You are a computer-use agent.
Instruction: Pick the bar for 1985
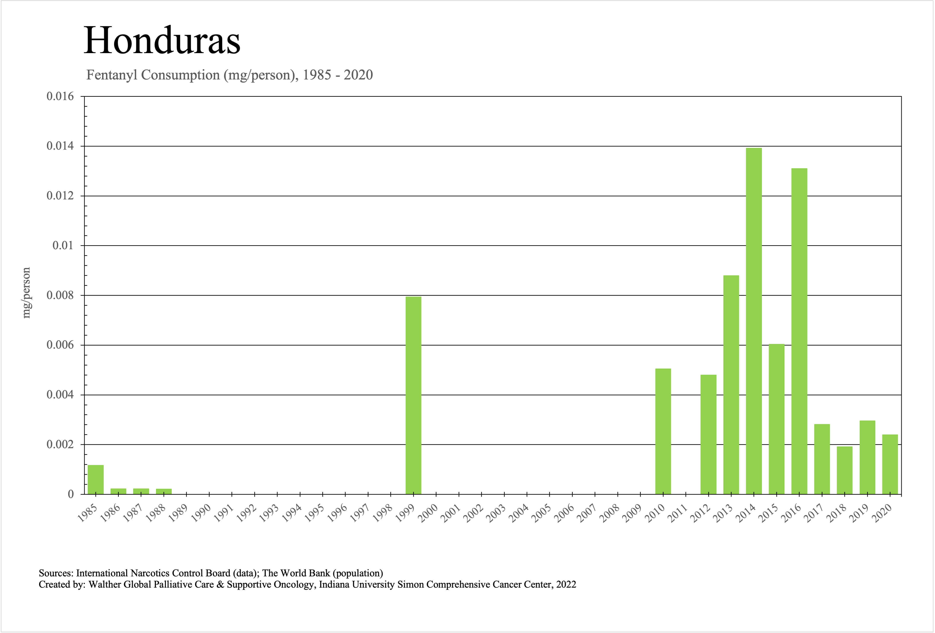click(96, 479)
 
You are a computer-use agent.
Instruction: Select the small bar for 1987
click(141, 491)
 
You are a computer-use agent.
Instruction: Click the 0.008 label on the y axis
click(60, 295)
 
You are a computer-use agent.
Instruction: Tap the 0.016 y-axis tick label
click(60, 96)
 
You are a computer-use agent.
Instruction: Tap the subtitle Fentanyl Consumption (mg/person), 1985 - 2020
click(229, 75)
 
